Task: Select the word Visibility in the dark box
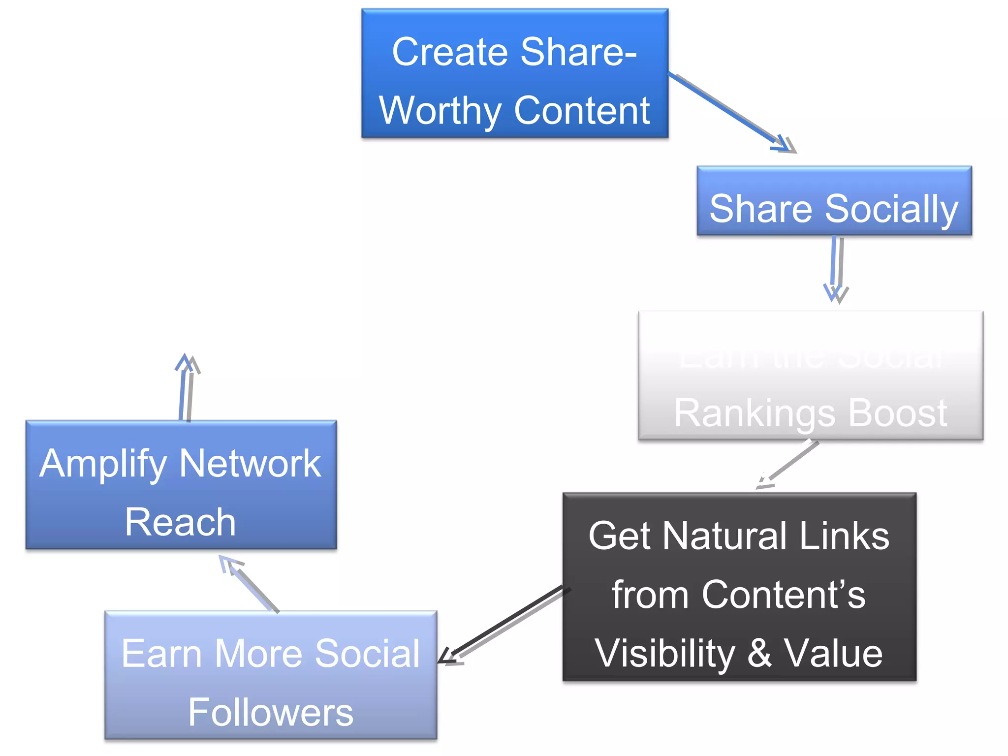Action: (664, 654)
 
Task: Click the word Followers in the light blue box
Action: (271, 712)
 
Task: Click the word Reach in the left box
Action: (180, 522)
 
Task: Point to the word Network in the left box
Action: (250, 464)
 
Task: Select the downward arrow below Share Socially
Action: (836, 268)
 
